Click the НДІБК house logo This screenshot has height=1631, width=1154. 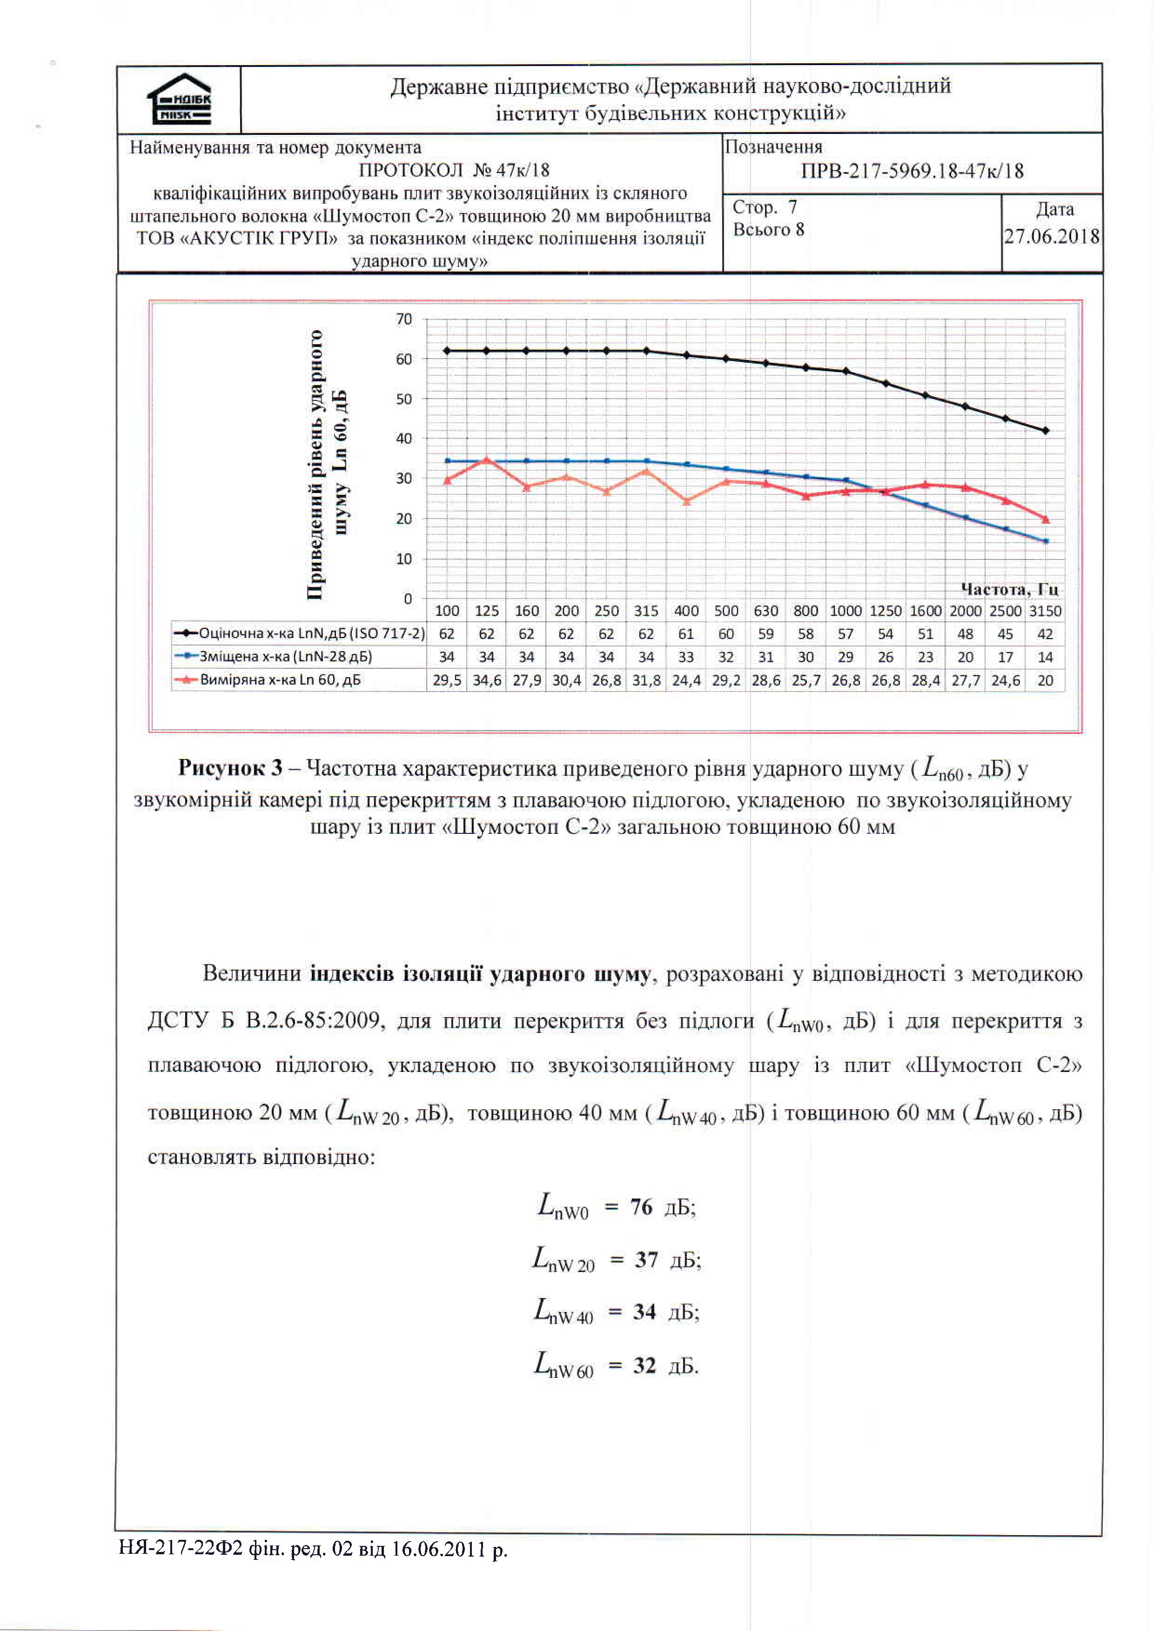[x=179, y=100]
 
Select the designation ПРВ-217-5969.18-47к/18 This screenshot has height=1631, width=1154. [x=912, y=171]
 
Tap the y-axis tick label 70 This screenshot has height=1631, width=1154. [x=403, y=320]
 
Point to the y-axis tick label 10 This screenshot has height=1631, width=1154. [x=403, y=559]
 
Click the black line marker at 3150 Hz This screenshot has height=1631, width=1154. [x=1045, y=431]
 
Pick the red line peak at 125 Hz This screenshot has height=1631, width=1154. [x=487, y=459]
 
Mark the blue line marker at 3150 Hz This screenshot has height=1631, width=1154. [x=1045, y=541]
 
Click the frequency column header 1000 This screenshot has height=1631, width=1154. [x=845, y=611]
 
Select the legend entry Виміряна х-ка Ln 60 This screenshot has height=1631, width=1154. [x=280, y=680]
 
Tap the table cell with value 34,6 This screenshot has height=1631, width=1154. [x=487, y=680]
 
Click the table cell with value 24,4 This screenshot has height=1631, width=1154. [x=686, y=680]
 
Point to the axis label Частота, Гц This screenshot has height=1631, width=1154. [x=1009, y=589]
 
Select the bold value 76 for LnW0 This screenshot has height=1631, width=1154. [x=641, y=1207]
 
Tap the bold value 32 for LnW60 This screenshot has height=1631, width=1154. [x=644, y=1365]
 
